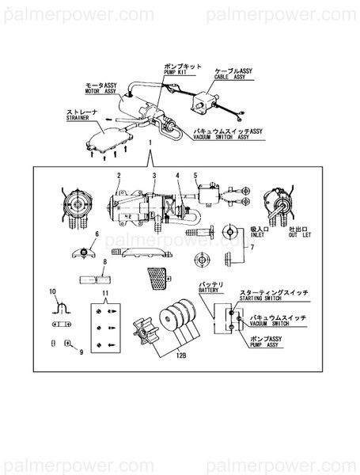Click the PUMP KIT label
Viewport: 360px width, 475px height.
point(175,71)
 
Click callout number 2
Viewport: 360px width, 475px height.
point(118,176)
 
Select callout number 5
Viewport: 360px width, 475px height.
point(195,175)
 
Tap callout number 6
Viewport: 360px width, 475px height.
point(97,235)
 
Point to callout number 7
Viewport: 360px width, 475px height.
point(252,248)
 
